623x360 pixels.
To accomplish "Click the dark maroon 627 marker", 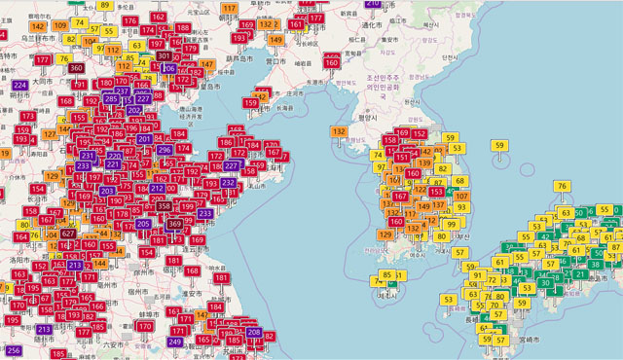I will [69, 234].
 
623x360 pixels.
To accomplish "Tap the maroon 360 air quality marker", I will [77, 67].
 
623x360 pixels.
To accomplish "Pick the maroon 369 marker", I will [174, 224].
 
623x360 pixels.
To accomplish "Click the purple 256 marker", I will [14, 350].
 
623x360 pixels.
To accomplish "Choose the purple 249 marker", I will [175, 342].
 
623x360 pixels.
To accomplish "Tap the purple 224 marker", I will [20, 85].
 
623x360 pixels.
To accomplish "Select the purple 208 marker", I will [254, 333].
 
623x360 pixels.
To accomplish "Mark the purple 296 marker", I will [165, 150].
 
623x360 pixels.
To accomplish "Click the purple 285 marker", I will [111, 98].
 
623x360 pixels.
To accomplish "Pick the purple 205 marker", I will [143, 224].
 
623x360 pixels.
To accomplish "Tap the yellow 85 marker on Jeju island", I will [388, 275].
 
